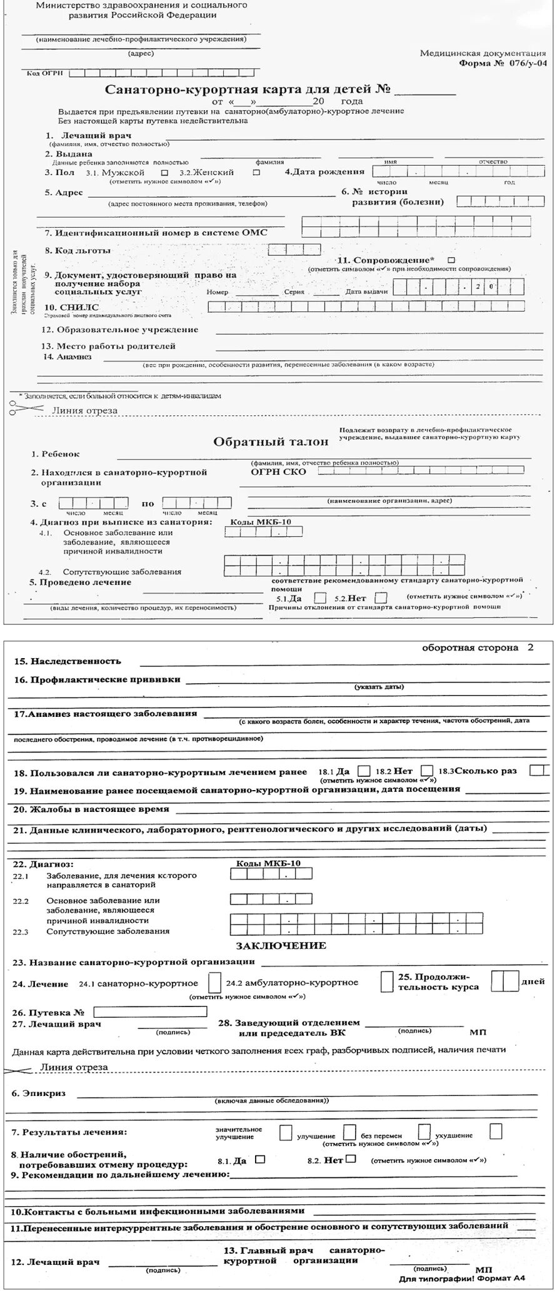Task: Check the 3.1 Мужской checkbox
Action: [164, 172]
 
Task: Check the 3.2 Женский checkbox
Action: [256, 172]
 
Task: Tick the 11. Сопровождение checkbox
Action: [451, 260]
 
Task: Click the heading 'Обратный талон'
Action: [271, 442]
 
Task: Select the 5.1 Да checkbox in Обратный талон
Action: [320, 598]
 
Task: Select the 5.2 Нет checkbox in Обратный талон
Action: [381, 598]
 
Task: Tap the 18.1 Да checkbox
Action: [364, 771]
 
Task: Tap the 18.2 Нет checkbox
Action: [427, 771]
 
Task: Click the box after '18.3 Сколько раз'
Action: [539, 770]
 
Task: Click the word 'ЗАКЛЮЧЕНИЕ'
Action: [281, 945]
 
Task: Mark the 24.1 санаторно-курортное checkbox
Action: [214, 983]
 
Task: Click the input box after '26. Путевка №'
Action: [150, 1012]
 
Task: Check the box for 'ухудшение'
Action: [496, 1131]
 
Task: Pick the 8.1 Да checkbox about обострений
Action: [261, 1159]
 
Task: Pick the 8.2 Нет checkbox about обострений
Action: [351, 1159]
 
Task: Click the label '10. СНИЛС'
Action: [71, 307]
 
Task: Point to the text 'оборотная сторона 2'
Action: [478, 647]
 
